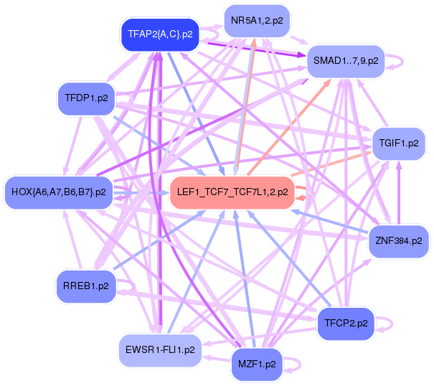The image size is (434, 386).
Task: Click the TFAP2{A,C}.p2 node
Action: [160, 34]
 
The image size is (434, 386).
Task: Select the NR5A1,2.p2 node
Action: [258, 21]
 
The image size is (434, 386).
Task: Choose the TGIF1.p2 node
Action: [398, 143]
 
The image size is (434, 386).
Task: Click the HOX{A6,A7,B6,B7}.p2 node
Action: [59, 192]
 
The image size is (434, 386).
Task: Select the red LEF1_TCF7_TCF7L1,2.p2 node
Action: [232, 192]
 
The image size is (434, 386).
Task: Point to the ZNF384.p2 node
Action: [398, 240]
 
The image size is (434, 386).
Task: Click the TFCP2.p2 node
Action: [346, 324]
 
